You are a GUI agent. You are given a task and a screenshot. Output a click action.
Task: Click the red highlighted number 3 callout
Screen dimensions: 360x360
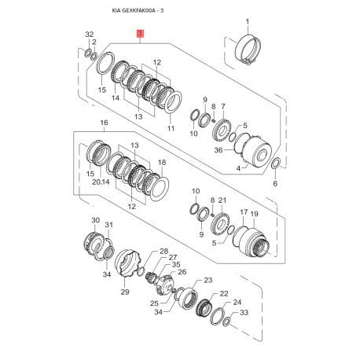140,34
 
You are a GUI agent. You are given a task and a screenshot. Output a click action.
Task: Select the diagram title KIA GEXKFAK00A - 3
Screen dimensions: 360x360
138,10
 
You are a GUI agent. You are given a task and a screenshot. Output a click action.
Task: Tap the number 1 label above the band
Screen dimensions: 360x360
248,21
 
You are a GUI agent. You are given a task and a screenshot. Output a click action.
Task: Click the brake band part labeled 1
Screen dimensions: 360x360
248,49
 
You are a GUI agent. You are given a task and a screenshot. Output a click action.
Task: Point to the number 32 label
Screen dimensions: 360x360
90,35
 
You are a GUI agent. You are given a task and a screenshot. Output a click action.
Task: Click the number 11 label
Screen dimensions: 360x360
171,128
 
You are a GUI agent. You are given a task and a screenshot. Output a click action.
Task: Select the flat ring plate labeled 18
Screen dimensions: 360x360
159,189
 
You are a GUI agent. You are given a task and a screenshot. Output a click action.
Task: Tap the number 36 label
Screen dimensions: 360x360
219,150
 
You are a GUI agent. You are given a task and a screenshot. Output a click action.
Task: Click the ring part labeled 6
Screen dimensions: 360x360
276,164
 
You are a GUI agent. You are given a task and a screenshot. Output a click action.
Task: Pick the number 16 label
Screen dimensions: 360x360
104,123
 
